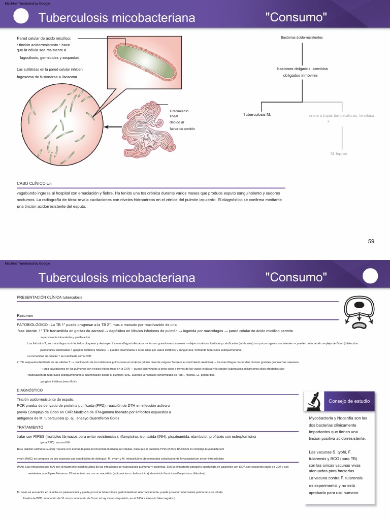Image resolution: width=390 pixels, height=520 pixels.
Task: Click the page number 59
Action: click(x=371, y=241)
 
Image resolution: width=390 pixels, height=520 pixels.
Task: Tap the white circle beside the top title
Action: click(x=21, y=16)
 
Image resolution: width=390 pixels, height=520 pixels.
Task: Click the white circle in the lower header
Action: click(x=371, y=276)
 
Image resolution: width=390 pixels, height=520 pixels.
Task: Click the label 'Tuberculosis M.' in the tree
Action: click(x=257, y=115)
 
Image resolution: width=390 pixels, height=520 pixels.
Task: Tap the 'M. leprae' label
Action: click(x=339, y=153)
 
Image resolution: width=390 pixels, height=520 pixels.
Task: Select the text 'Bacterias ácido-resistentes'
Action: click(x=302, y=38)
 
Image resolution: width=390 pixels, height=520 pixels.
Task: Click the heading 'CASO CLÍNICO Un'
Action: click(x=35, y=183)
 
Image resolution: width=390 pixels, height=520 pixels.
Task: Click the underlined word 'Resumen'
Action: click(x=25, y=315)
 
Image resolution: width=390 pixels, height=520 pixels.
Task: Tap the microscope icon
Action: click(x=313, y=401)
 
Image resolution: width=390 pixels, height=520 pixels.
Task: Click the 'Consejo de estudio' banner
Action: click(x=349, y=401)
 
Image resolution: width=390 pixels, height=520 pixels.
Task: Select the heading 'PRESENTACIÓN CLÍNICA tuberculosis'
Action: click(x=49, y=297)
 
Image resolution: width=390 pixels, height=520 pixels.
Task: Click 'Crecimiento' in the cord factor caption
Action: click(x=179, y=111)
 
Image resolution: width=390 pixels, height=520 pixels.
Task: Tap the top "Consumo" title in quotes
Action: click(x=296, y=17)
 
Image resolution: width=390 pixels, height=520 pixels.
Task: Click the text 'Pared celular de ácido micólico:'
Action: click(x=44, y=38)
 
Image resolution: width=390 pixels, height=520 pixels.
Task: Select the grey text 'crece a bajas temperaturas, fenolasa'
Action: click(x=341, y=115)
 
